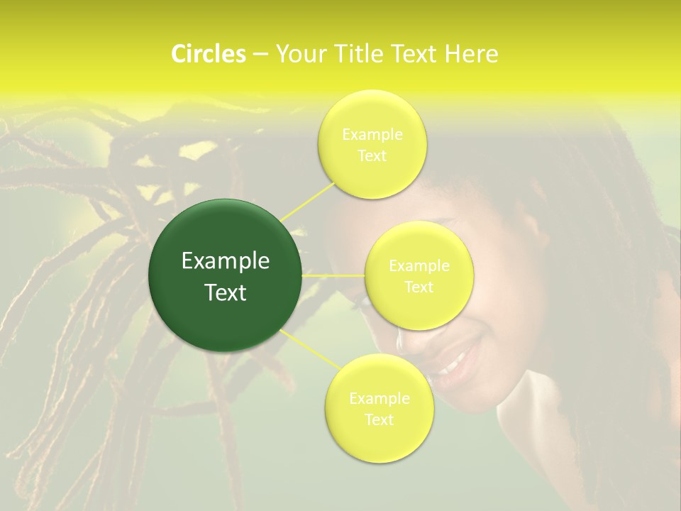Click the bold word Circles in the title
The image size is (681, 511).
pyautogui.click(x=209, y=54)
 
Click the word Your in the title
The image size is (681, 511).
pyautogui.click(x=297, y=54)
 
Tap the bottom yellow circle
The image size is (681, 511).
pyautogui.click(x=379, y=440)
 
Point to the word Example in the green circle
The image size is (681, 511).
pyautogui.click(x=226, y=261)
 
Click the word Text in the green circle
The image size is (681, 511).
pyautogui.click(x=226, y=292)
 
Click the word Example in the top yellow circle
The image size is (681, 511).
pyautogui.click(x=372, y=134)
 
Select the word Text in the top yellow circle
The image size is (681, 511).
pyautogui.click(x=372, y=155)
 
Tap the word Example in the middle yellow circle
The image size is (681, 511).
pyautogui.click(x=419, y=266)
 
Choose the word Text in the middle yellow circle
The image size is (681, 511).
pyautogui.click(x=419, y=287)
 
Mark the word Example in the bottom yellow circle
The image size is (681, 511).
pyautogui.click(x=379, y=399)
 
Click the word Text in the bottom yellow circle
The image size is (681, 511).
pyautogui.click(x=379, y=419)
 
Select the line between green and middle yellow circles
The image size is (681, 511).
pyautogui.click(x=333, y=275)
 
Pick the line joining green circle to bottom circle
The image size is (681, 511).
pyautogui.click(x=311, y=349)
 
